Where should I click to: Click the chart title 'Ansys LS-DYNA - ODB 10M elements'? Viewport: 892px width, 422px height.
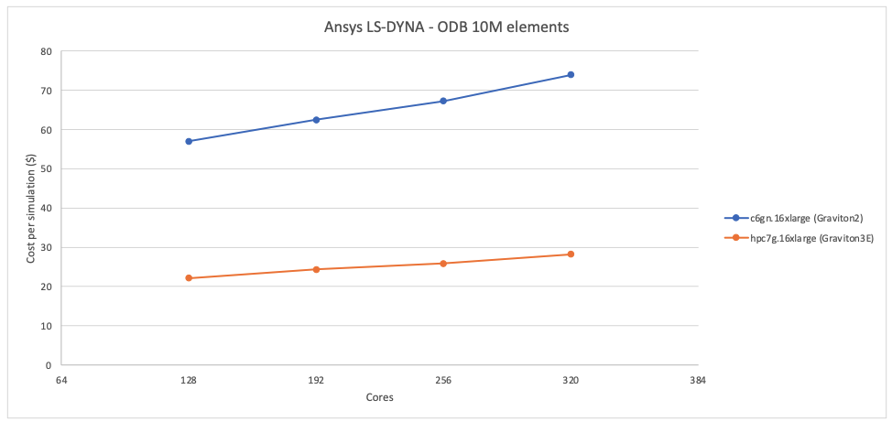point(446,27)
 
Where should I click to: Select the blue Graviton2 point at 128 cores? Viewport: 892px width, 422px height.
point(189,141)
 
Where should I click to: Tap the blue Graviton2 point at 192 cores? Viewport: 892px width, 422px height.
point(316,120)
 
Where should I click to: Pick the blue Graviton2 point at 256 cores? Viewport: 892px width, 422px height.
point(443,101)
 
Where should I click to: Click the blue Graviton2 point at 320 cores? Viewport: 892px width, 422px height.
point(571,75)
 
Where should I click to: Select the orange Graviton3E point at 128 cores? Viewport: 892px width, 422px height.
point(189,278)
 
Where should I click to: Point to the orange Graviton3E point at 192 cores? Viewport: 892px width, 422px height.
point(316,269)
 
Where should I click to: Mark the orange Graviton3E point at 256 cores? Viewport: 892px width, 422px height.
point(443,264)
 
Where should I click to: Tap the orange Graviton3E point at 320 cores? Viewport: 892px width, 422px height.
point(571,254)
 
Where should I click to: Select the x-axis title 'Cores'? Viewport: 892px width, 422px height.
point(379,397)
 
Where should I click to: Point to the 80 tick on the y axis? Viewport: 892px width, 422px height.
point(46,51)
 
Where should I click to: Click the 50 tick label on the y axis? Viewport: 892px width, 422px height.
point(46,169)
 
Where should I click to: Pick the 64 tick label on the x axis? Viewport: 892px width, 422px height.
point(61,380)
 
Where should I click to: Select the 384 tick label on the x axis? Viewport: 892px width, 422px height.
point(697,380)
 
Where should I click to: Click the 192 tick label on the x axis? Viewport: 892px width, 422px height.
point(316,380)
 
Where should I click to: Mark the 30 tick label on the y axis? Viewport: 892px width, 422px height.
point(46,247)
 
